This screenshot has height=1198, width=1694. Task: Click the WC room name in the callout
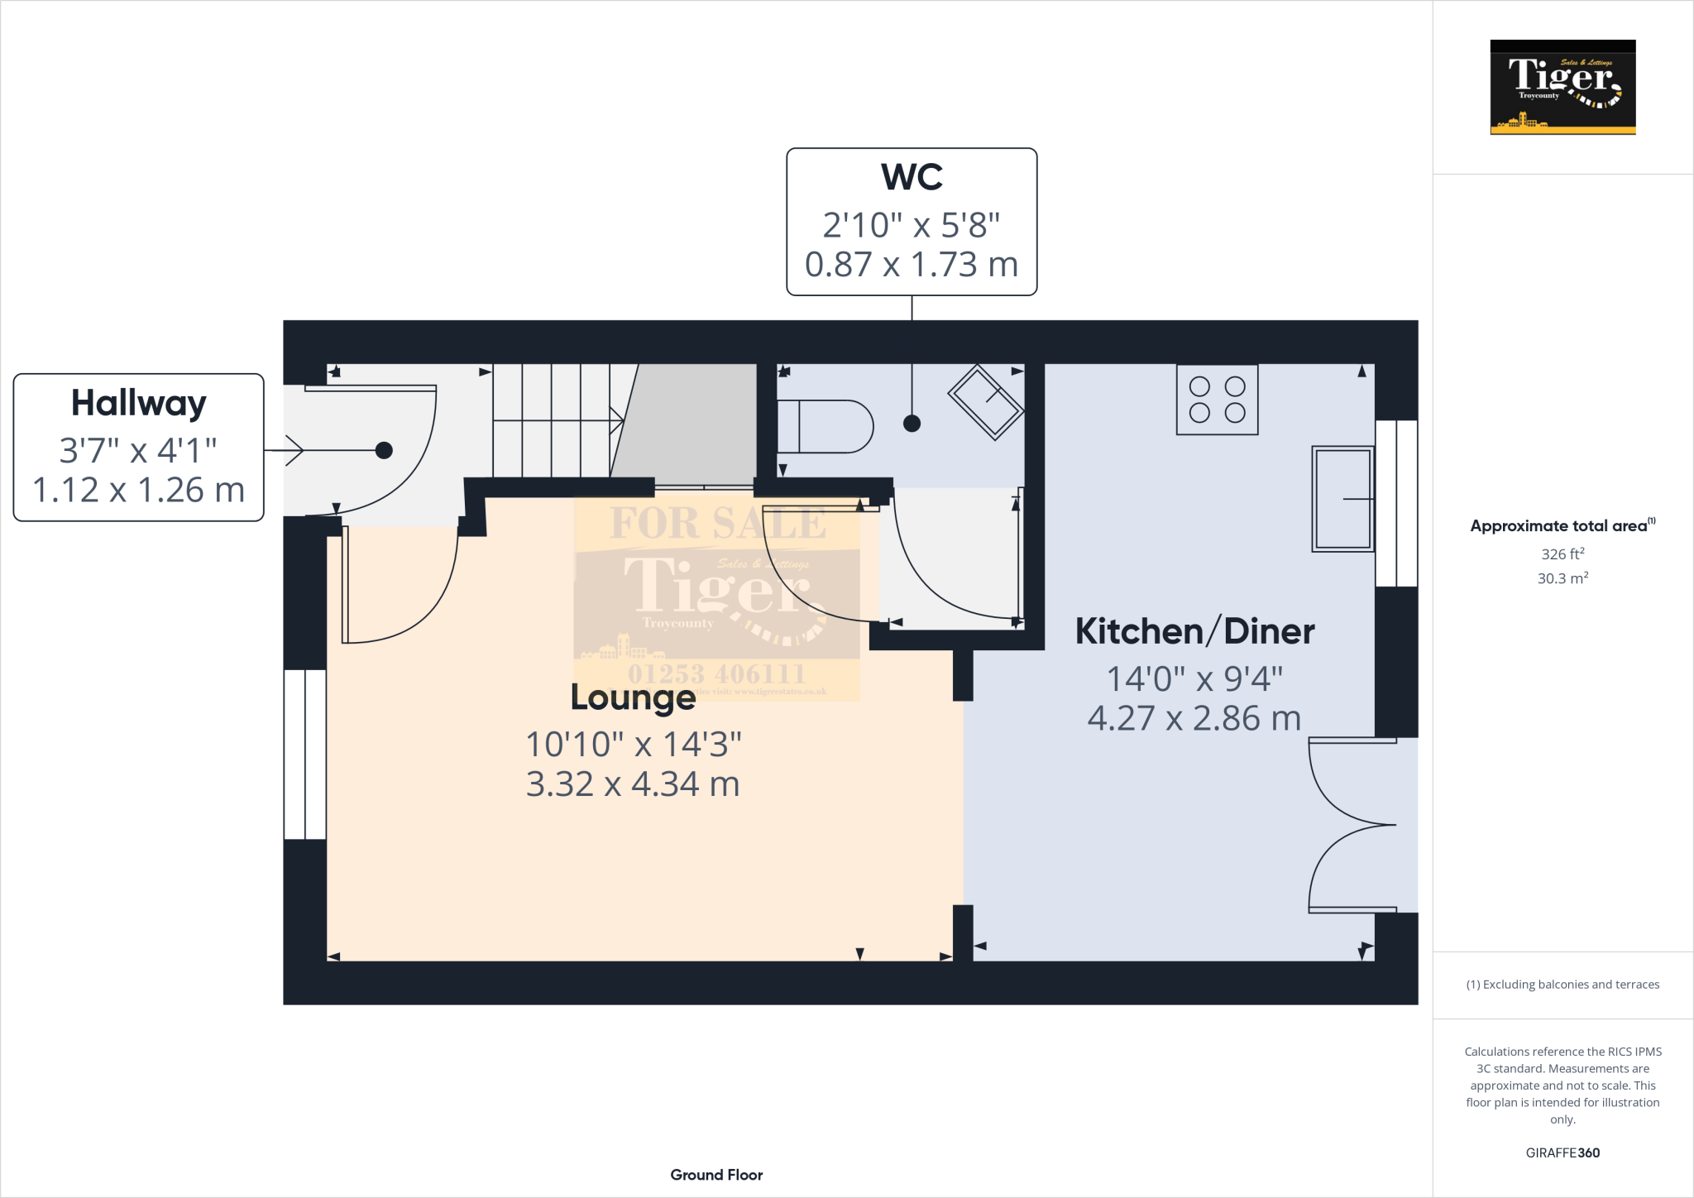tap(912, 177)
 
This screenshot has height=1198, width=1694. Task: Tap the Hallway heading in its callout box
tap(138, 404)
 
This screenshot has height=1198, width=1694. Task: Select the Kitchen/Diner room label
tap(1194, 631)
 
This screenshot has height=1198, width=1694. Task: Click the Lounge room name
tap(633, 697)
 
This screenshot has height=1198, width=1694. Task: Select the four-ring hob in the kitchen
tap(1217, 400)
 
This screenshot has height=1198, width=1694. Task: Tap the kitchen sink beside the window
tap(1342, 499)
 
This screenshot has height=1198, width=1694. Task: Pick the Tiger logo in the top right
tap(1562, 87)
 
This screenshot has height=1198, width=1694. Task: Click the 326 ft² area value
tap(1562, 554)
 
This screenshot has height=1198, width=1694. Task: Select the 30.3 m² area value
tap(1562, 578)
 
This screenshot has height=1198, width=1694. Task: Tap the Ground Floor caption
tap(716, 1175)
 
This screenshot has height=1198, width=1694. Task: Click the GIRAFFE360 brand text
tap(1562, 1152)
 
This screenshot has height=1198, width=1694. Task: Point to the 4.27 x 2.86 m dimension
tap(1194, 718)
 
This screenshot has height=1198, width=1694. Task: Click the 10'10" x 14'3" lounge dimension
tap(633, 744)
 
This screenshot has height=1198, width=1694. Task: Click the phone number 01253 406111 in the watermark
tap(716, 673)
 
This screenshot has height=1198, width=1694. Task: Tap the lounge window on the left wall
tap(304, 754)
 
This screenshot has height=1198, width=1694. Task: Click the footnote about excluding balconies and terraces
tap(1562, 985)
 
